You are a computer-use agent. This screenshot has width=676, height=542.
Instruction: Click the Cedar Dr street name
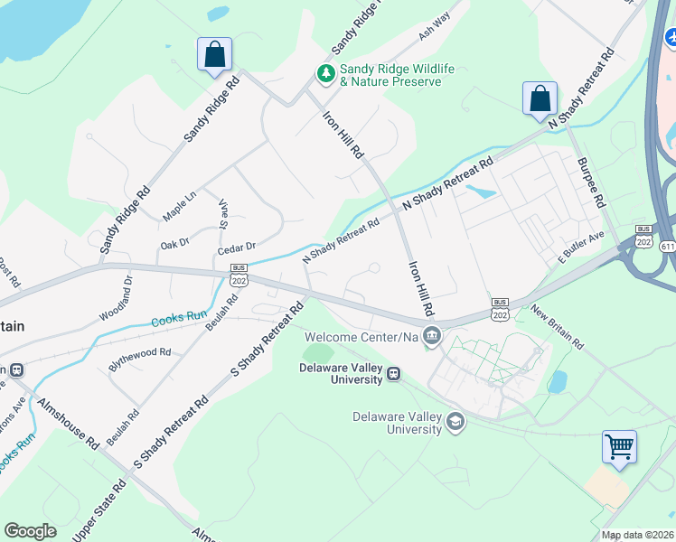point(238,246)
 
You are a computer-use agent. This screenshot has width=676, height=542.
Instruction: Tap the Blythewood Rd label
point(139,353)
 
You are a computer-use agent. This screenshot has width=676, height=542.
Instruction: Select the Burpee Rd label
point(589,182)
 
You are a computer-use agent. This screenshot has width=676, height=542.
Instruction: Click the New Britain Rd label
point(558,328)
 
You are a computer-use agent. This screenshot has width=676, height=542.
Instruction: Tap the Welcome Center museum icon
point(432,337)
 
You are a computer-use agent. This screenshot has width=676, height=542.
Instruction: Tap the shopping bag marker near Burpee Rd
point(540,98)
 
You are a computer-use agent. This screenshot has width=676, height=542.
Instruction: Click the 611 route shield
point(667,247)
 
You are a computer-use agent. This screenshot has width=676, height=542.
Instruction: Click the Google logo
point(30,531)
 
